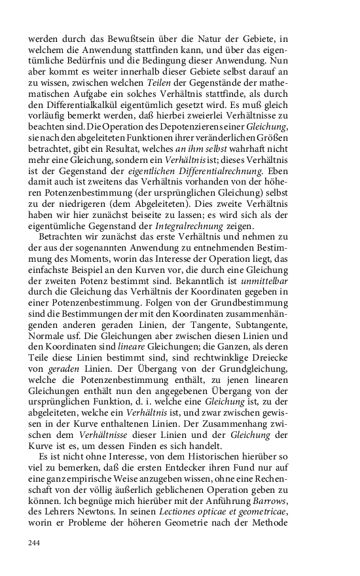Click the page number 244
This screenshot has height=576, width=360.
coord(35,543)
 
